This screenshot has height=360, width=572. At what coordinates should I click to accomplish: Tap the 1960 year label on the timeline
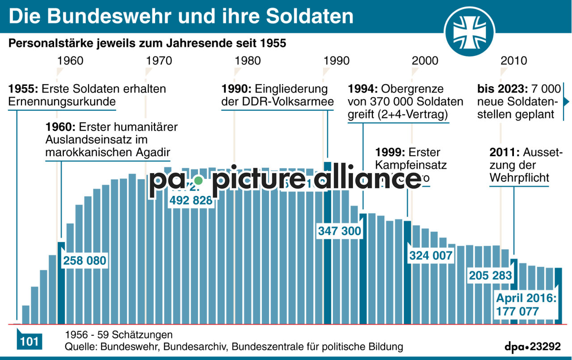click(70, 60)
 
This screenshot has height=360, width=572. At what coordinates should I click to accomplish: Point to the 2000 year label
click(425, 60)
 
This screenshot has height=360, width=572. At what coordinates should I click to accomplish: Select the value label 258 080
click(85, 261)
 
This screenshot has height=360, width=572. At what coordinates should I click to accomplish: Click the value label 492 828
click(191, 201)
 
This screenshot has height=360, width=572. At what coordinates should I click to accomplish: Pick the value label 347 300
click(340, 231)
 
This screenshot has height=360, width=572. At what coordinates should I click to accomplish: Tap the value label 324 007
click(431, 256)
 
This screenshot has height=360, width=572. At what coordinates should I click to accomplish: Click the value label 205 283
click(490, 275)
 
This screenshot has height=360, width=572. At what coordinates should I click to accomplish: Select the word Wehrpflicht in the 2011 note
click(519, 178)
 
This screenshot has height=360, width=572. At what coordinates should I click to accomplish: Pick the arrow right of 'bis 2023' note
click(567, 102)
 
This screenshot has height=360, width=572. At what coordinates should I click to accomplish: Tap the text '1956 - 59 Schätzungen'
click(118, 335)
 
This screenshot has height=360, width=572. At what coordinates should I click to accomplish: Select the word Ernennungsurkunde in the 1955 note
click(62, 102)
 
